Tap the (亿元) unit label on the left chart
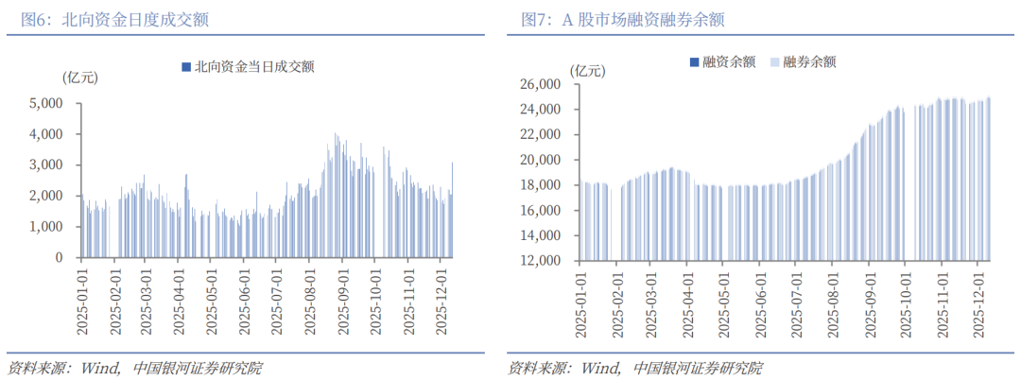[x=78, y=76]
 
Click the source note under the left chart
[x=134, y=368]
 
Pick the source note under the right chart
[x=634, y=368]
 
